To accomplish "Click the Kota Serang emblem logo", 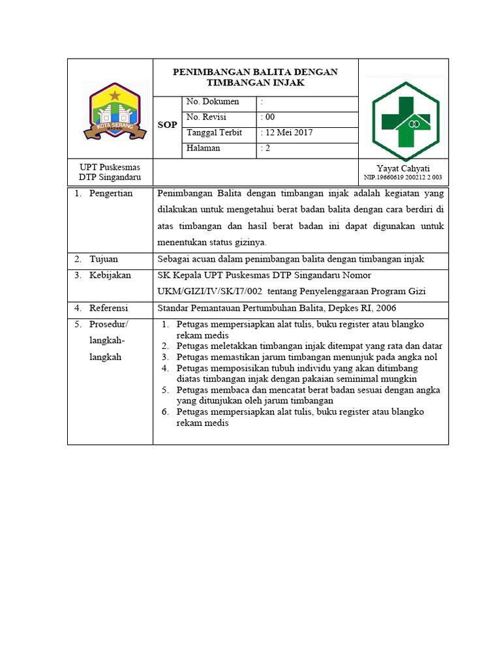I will coord(115,110).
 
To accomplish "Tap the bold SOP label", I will coord(168,125).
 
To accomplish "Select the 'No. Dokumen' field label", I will coord(213,102).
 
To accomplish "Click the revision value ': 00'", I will coord(267,117).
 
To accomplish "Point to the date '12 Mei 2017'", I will coord(288,132).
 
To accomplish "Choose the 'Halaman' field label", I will coord(204,148).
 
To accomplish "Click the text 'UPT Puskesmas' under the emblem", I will coord(110,168).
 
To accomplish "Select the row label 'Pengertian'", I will coord(111,193).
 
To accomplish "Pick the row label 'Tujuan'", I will coord(104,259).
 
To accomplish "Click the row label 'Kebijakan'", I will coord(110,275).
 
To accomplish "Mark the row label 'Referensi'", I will coord(109,308).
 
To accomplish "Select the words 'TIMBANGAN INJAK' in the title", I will coord(255,83).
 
